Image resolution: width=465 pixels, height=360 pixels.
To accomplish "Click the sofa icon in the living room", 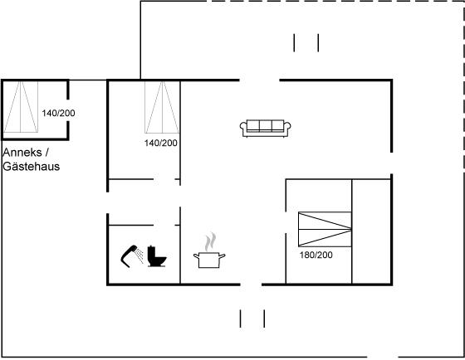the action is point(265,129).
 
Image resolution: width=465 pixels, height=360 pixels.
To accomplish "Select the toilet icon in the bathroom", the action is point(157,256).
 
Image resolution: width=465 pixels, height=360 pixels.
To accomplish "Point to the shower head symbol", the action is point(132,256).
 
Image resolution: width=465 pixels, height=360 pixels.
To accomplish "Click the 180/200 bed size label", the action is point(316,255).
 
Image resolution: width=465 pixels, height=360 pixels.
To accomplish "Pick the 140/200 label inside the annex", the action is point(58,113).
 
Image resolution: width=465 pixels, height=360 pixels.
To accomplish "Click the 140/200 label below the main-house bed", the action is point(161,143).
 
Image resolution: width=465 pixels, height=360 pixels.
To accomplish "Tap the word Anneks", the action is point(22,153).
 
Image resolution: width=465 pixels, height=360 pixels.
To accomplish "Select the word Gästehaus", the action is point(32,166).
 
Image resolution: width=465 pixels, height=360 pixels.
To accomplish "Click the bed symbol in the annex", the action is point(21,107).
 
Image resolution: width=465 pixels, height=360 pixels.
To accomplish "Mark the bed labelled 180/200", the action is point(325,229).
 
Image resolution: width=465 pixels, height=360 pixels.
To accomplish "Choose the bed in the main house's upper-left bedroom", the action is point(162,107).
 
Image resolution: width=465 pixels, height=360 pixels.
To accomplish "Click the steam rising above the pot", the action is point(210,241).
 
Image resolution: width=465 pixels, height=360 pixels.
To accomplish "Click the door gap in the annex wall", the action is point(67,110).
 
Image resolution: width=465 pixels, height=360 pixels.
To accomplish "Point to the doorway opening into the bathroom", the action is point(164,225).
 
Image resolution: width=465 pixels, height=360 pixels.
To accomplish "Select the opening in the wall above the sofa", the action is point(259,80).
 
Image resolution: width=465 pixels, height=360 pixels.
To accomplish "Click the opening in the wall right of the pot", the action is point(251,285).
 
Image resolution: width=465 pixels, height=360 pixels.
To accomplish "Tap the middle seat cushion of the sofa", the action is point(266,125).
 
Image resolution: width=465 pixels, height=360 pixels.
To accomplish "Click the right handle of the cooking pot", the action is point(223,255).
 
